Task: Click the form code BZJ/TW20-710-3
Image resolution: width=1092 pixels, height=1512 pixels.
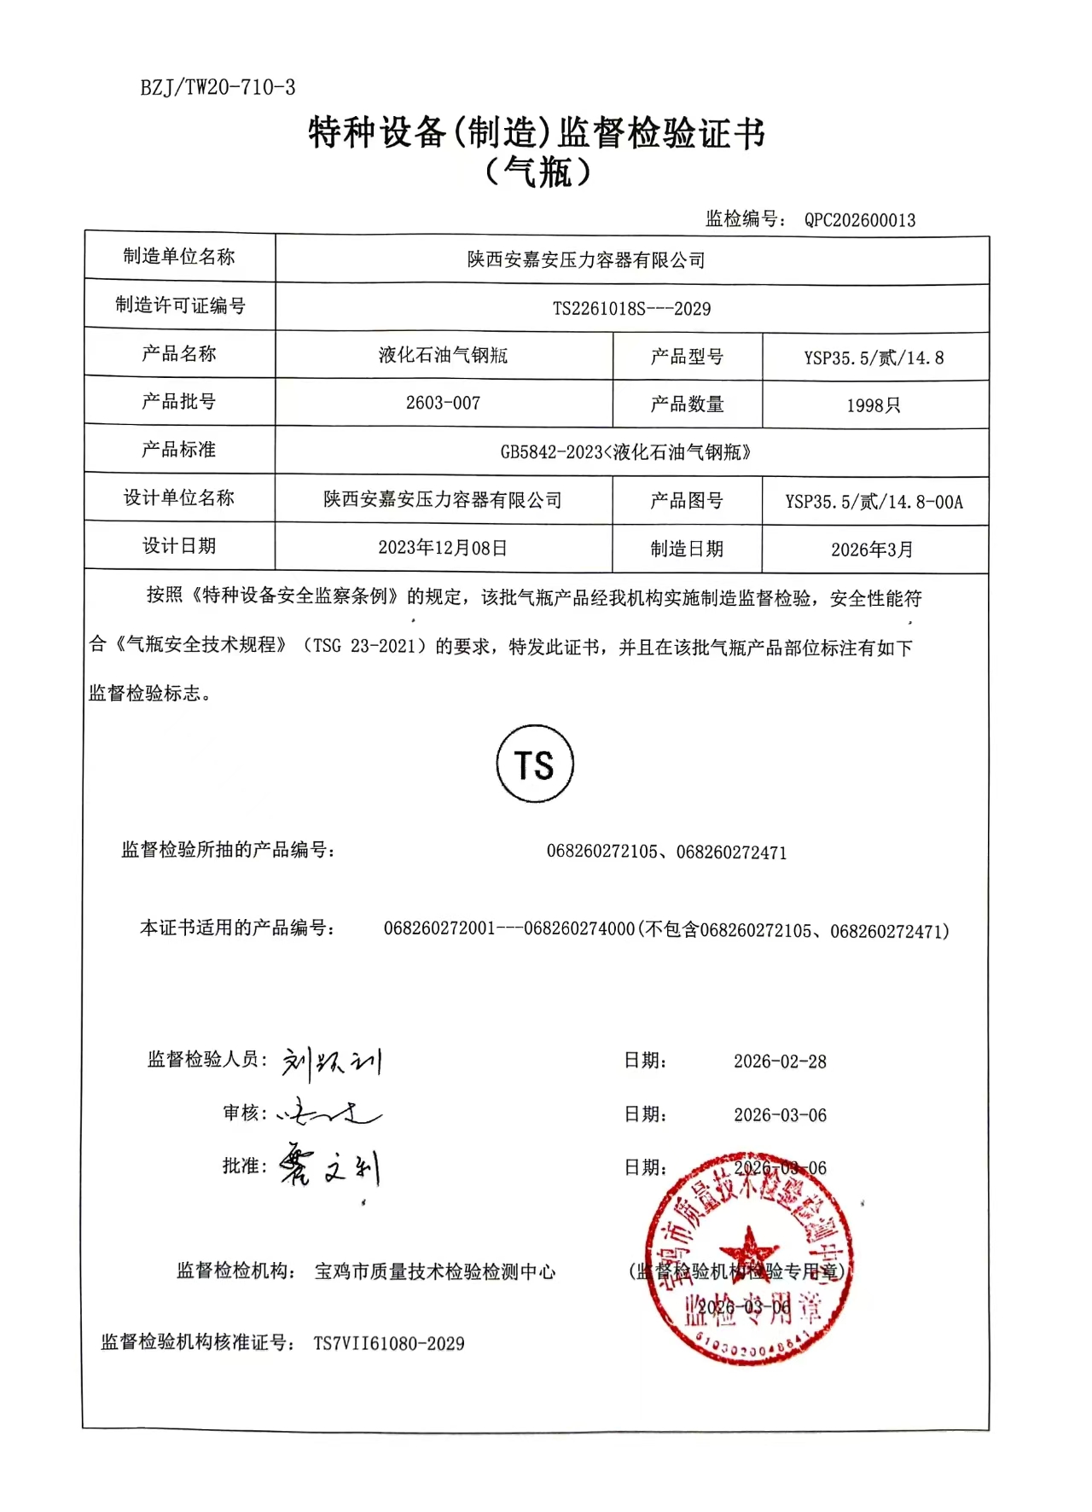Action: (218, 87)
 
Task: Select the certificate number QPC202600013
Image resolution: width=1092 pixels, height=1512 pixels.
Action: (859, 220)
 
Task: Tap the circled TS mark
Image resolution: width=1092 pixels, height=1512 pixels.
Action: (535, 765)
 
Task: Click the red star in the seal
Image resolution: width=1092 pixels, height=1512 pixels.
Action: (748, 1250)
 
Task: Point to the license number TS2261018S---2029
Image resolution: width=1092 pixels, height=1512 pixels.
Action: (631, 309)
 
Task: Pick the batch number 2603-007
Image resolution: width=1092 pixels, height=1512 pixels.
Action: (443, 403)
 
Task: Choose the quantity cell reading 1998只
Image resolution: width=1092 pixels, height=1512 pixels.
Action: (874, 405)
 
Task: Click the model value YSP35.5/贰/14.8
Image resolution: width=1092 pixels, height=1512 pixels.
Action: (874, 358)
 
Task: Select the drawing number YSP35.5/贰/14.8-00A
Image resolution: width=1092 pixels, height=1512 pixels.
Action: (874, 502)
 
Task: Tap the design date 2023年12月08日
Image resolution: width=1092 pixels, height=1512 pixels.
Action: (443, 548)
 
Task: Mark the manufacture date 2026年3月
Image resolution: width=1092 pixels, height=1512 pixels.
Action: (872, 550)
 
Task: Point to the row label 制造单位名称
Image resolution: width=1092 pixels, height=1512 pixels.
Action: (179, 257)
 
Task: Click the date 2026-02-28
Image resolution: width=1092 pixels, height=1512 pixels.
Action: (780, 1061)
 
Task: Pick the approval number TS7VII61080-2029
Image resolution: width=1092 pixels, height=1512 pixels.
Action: (389, 1343)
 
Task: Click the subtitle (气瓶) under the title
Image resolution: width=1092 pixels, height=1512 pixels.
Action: (537, 173)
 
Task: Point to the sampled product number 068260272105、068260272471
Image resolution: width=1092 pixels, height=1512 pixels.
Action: (666, 852)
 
